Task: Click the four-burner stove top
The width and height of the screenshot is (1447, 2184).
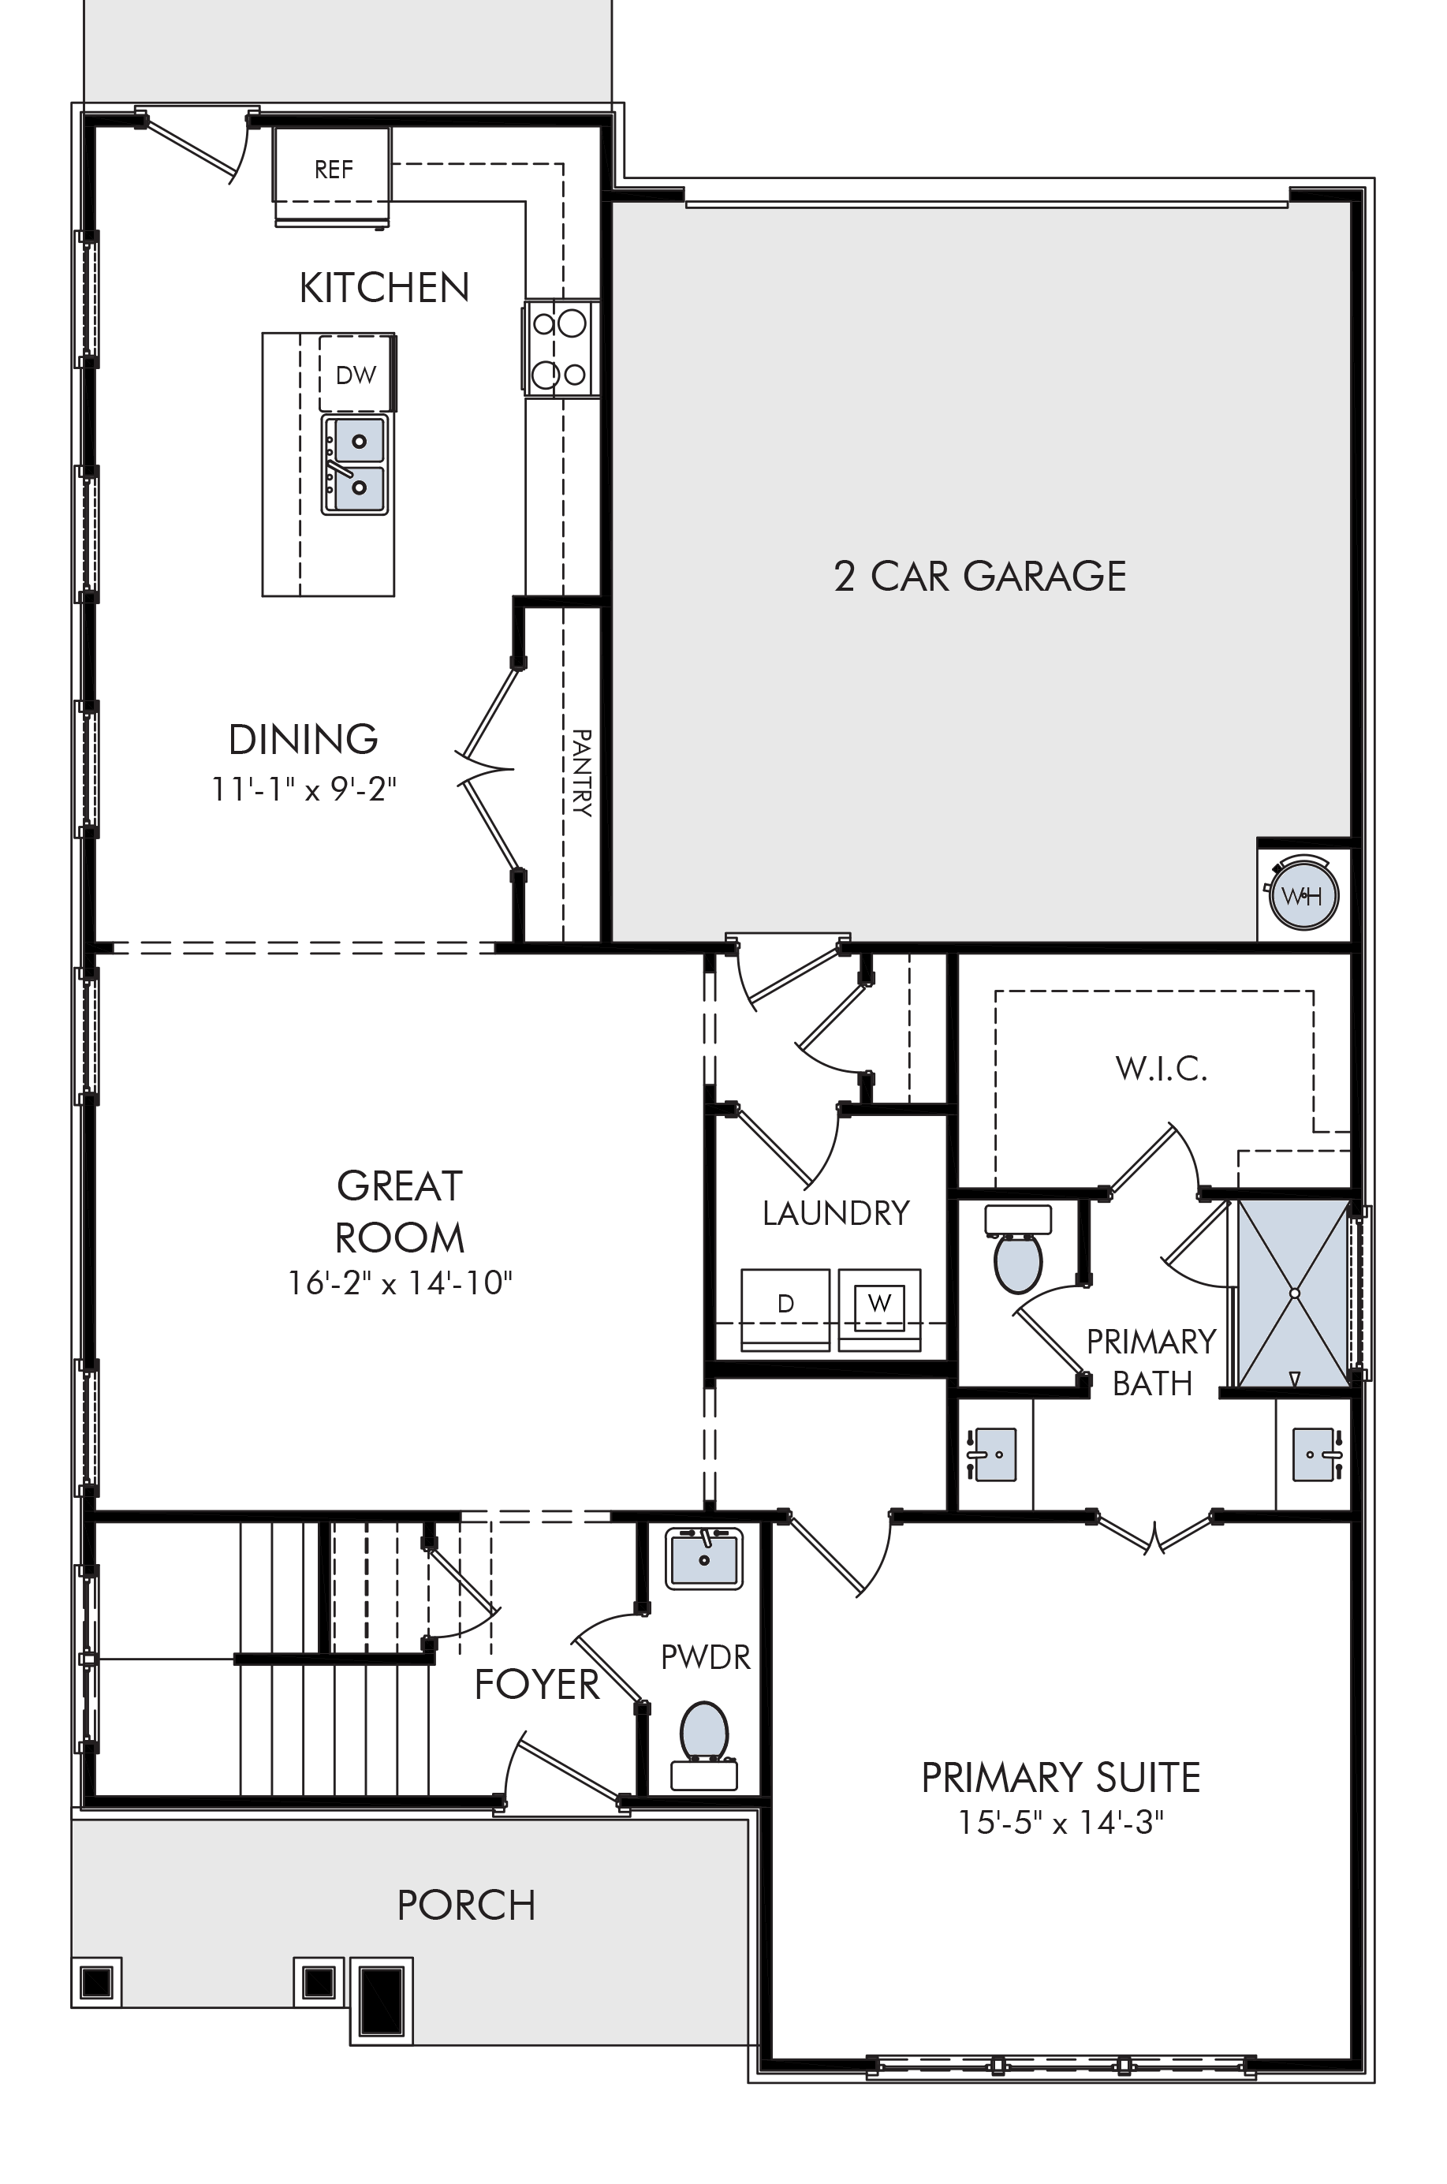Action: pyautogui.click(x=561, y=349)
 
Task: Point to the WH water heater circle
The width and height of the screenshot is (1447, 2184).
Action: pyautogui.click(x=1303, y=894)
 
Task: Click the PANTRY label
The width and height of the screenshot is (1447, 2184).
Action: pyautogui.click(x=582, y=773)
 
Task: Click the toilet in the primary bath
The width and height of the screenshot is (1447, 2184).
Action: pyautogui.click(x=1018, y=1248)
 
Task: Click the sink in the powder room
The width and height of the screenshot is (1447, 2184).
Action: pyautogui.click(x=704, y=1559)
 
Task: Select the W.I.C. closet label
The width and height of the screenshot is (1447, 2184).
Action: pyautogui.click(x=1161, y=1068)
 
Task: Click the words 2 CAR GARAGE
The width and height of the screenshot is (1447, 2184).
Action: pyautogui.click(x=980, y=576)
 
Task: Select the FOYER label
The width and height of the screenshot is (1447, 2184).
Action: pyautogui.click(x=537, y=1685)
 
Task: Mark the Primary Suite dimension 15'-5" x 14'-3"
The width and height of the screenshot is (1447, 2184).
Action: pyautogui.click(x=1061, y=1822)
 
